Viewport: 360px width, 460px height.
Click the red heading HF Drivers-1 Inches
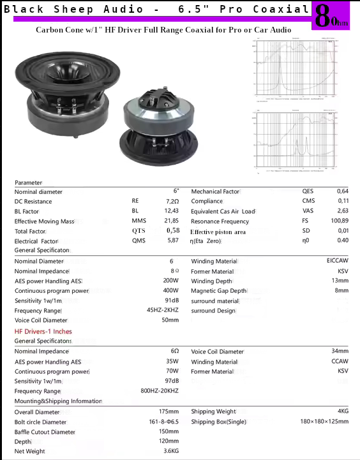tap(43, 332)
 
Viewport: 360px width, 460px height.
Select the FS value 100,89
tap(340, 221)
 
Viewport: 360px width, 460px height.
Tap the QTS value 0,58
tap(172, 230)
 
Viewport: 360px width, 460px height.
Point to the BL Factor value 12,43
tap(171, 211)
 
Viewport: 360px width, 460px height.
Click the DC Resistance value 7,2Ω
tap(172, 201)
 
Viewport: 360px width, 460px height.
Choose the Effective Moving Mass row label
tap(44, 221)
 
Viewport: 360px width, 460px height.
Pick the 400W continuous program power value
tap(170, 291)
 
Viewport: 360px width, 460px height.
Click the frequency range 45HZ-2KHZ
tap(162, 310)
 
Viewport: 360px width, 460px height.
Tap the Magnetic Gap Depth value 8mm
tap(341, 290)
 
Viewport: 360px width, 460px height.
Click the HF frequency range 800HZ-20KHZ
tap(159, 390)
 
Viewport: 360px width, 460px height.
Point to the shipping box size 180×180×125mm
tap(324, 422)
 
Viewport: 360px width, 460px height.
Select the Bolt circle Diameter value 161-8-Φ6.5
tap(163, 422)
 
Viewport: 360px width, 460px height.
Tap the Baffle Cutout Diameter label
tap(45, 432)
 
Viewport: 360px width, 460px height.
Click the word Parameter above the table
tap(28, 183)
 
